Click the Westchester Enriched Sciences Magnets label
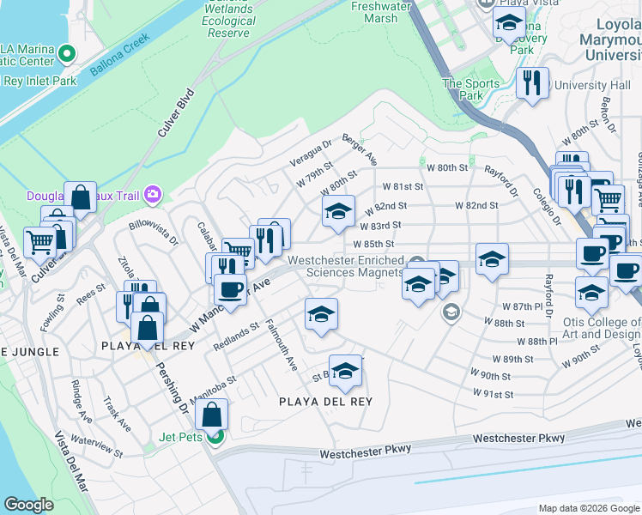[345, 266]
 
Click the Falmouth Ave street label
[280, 344]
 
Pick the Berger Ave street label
[360, 148]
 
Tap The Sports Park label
[470, 89]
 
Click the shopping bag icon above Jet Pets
[211, 415]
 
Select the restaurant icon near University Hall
[533, 82]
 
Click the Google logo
[28, 505]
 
